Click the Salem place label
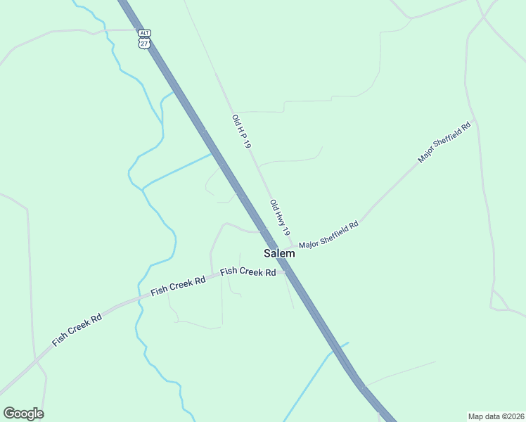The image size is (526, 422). tap(279, 253)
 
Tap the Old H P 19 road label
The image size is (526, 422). tap(241, 132)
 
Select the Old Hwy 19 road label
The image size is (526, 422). tap(280, 217)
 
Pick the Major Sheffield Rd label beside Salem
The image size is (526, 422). tap(328, 234)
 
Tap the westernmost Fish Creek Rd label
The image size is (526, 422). tap(77, 330)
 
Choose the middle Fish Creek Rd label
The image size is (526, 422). tap(178, 286)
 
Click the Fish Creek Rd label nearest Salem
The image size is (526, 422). tap(248, 271)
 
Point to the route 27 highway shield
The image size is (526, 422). tap(144, 43)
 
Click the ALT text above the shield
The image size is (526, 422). tap(144, 33)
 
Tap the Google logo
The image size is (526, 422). tap(23, 414)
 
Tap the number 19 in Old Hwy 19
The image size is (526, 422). tap(286, 230)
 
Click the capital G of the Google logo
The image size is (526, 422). tap(8, 413)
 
